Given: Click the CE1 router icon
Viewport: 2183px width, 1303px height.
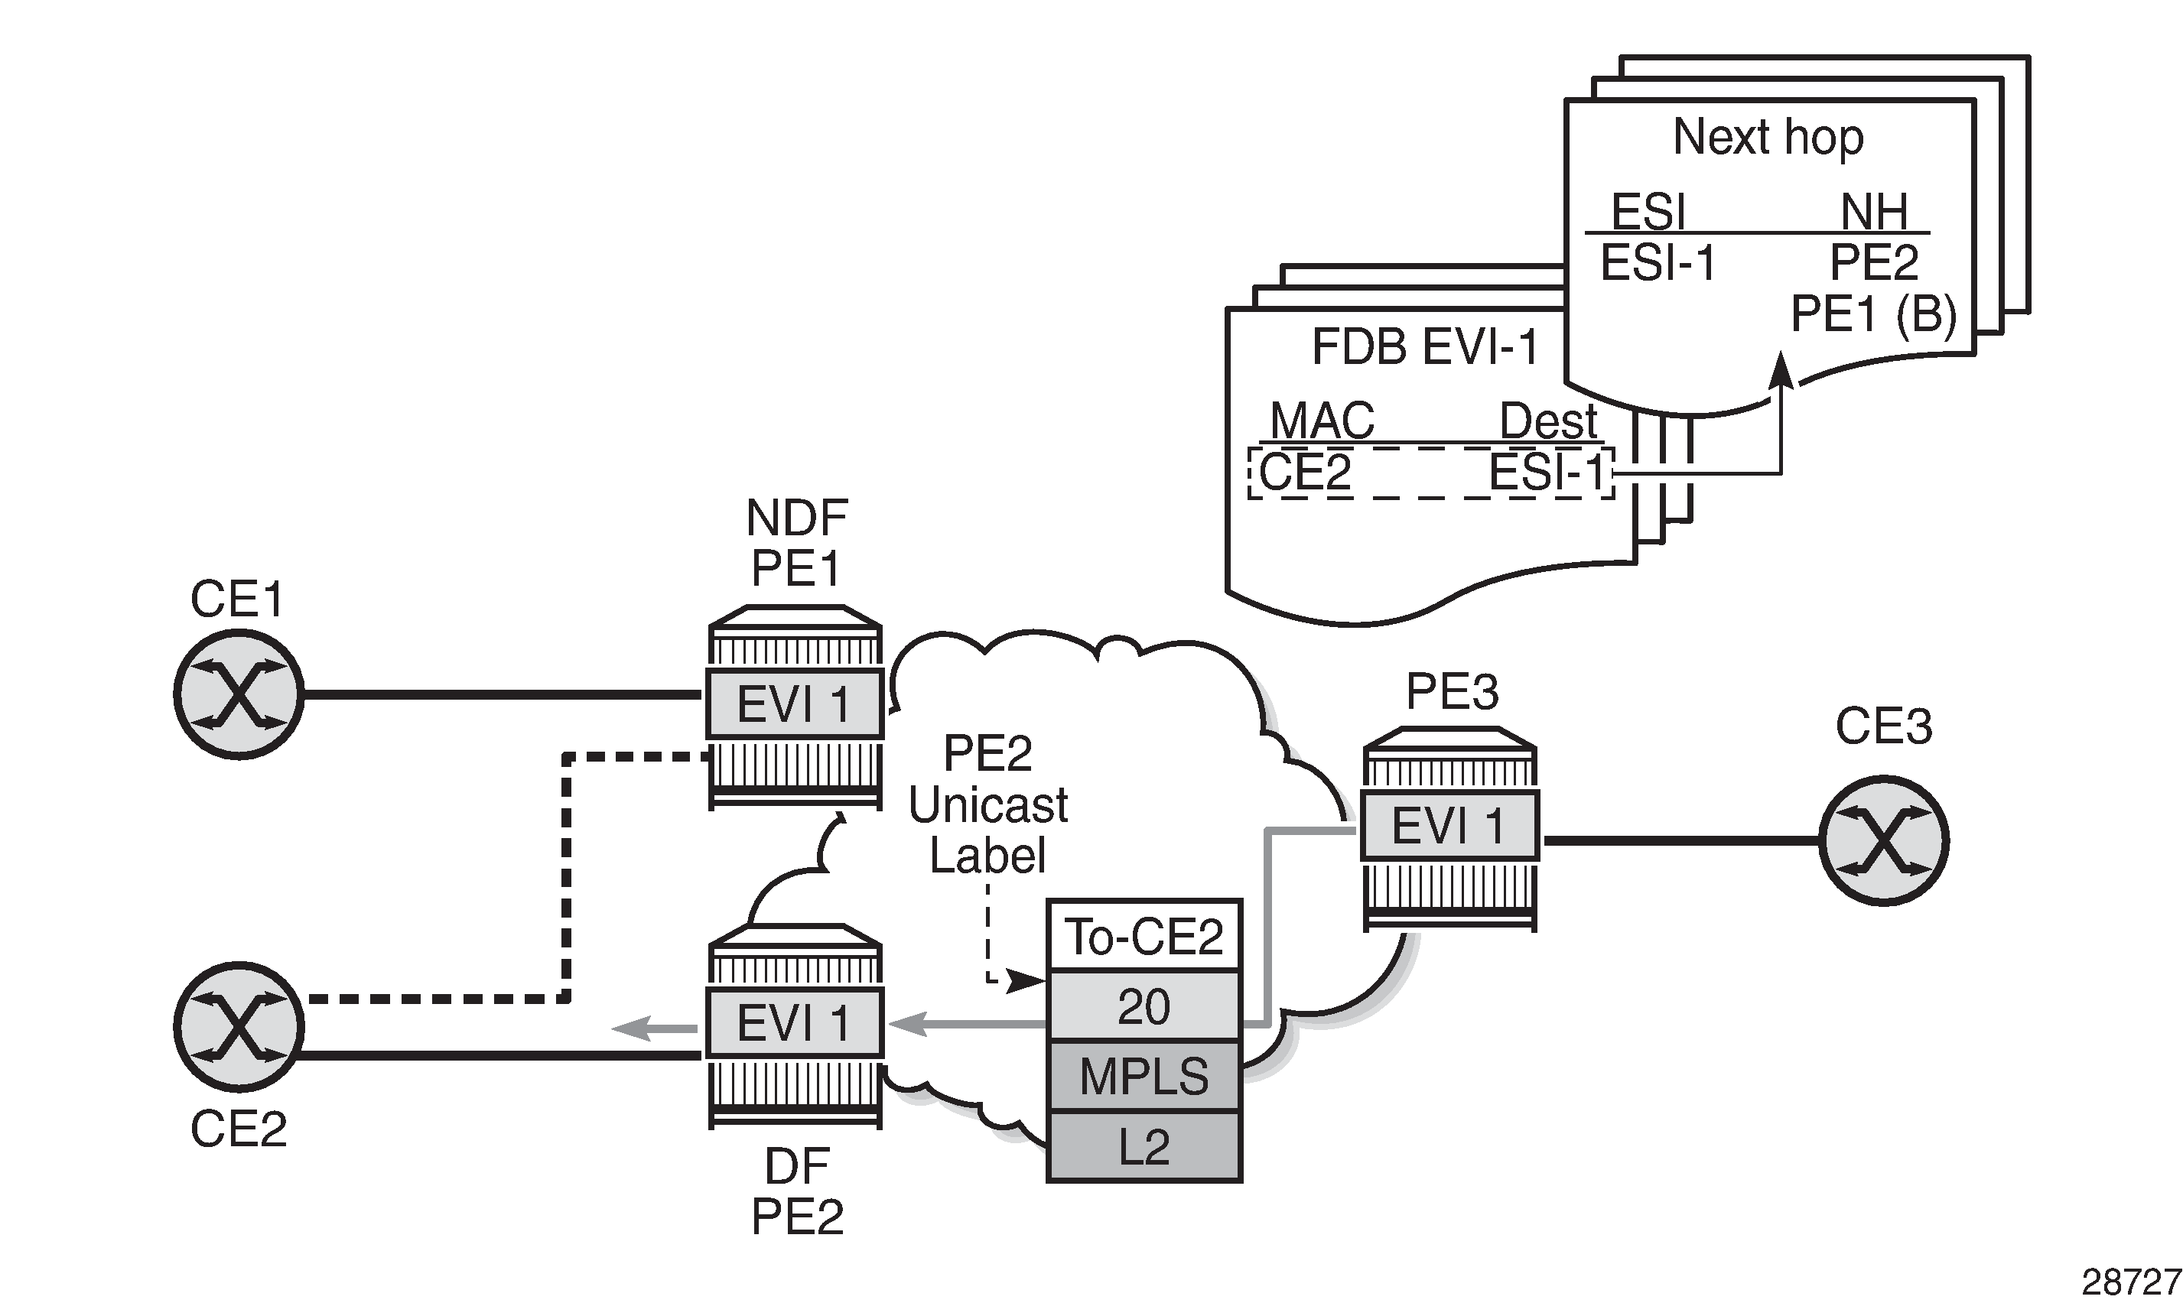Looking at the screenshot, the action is (239, 694).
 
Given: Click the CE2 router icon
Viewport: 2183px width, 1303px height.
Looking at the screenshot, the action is (239, 1027).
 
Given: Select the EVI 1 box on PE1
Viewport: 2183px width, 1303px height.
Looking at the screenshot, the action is (795, 704).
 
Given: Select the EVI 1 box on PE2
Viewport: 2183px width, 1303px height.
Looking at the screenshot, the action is (795, 1023).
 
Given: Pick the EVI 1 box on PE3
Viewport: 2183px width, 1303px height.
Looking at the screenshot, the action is (1449, 825).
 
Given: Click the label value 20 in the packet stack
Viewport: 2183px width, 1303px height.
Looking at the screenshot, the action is (1144, 1006).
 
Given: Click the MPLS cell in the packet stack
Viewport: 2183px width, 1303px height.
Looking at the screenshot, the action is (1144, 1077).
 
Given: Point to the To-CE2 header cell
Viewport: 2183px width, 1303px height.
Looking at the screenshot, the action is (1144, 936).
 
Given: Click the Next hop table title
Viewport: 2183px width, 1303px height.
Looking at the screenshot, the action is (1768, 137).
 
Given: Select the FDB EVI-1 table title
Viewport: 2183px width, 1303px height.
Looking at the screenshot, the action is (1425, 347).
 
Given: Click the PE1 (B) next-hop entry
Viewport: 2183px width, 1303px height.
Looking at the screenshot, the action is (1873, 314).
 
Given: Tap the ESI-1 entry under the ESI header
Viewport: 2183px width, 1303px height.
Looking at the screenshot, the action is (1658, 262).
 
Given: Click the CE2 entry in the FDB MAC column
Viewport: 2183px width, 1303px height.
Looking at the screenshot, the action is (1305, 473).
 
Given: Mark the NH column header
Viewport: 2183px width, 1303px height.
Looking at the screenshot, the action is (1874, 211).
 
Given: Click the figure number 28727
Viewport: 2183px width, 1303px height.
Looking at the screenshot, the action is (2130, 1283).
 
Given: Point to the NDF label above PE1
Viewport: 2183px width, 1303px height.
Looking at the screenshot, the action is (796, 517).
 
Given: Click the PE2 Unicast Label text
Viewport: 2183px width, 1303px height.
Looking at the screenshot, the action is (988, 804).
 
